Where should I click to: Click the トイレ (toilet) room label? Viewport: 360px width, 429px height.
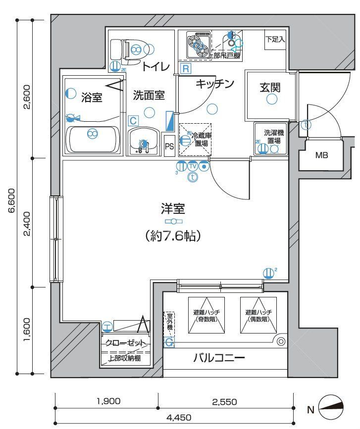click(156, 66)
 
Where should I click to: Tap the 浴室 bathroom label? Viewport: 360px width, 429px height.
click(92, 97)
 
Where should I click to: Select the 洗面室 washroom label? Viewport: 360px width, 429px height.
click(149, 95)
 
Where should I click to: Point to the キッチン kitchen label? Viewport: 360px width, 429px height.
click(214, 84)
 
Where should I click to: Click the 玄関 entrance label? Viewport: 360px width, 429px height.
click(270, 88)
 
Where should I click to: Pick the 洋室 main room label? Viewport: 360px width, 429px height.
click(173, 208)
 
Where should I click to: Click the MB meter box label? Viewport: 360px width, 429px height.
click(322, 155)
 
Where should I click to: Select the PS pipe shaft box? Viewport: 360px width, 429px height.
click(169, 146)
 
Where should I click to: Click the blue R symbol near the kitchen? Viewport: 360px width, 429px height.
click(185, 69)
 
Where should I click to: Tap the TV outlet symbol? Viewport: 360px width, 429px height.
click(193, 166)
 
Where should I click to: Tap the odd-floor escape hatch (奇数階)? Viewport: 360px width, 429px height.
click(206, 315)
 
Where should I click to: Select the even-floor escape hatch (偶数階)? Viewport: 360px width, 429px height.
click(257, 315)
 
